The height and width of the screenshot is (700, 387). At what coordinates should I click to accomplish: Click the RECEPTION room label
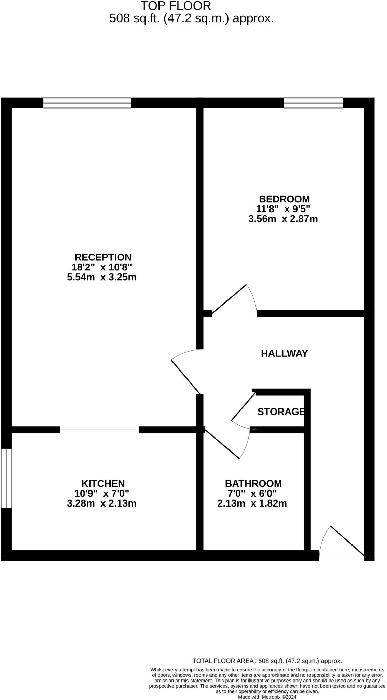103,257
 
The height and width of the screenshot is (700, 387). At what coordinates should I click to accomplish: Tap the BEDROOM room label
284,199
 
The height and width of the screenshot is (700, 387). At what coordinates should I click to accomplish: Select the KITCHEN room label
103,483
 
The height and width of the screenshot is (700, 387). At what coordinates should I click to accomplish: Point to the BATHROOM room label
253,483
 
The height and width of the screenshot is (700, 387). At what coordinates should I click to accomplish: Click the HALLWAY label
284,353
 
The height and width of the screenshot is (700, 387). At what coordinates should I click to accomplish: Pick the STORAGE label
280,412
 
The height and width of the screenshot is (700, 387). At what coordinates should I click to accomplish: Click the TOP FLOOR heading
176,6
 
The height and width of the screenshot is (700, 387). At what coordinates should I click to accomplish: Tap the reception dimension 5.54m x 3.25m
102,277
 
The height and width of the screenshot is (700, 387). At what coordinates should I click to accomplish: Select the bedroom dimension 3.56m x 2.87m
283,219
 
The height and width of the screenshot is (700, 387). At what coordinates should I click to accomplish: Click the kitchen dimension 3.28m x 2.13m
102,503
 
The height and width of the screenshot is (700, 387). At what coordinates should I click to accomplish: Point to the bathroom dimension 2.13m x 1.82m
252,503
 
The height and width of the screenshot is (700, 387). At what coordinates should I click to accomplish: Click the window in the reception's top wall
87,103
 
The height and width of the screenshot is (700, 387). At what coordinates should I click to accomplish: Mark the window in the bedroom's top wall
313,103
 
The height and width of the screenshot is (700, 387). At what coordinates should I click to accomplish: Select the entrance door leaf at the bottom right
347,540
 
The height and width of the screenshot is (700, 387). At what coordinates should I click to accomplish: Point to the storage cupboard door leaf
244,406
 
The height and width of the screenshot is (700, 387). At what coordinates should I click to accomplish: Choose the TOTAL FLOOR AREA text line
267,661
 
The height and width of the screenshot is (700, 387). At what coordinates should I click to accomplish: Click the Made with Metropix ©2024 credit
267,697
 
